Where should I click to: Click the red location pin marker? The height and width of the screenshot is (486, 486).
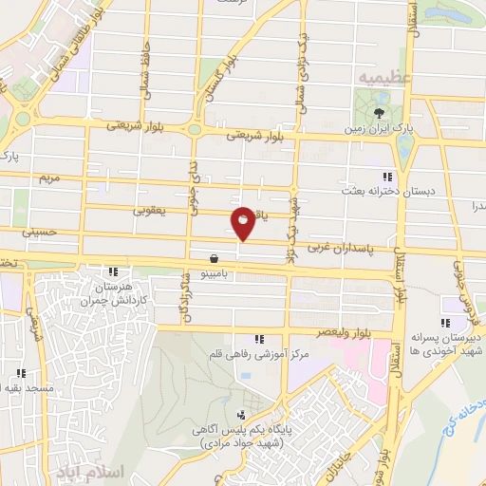[x=244, y=222]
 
